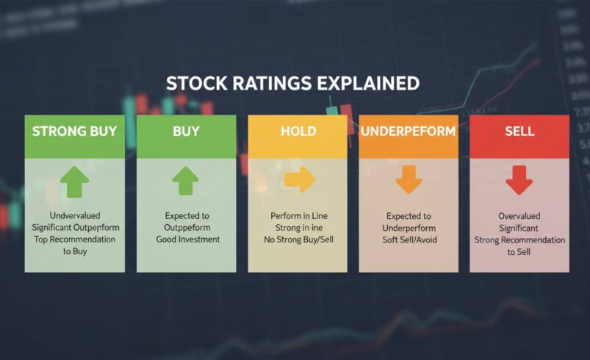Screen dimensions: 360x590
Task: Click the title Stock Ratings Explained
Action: pos(292,82)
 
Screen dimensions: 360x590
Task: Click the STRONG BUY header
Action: pos(74,132)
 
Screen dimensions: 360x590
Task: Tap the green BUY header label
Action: pos(186,132)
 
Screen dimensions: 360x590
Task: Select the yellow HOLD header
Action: pos(298,132)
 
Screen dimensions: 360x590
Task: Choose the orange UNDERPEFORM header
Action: pos(408,132)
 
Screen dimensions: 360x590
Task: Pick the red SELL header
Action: pos(519,132)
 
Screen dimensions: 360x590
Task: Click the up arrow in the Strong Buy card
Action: pos(74,181)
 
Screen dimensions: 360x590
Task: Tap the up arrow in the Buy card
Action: pos(186,180)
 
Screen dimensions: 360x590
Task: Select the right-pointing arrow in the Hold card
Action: pos(299,179)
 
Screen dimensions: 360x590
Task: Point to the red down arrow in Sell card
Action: pos(519,180)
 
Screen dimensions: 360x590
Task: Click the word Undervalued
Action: pos(74,215)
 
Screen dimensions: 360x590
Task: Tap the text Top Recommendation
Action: pos(74,240)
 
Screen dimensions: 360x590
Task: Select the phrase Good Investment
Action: pos(186,240)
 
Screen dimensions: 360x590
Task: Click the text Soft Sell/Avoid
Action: pos(409,240)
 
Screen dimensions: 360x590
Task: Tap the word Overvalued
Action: pos(519,217)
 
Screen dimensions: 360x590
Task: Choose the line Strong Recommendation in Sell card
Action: pos(519,240)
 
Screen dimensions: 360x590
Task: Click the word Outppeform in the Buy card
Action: pos(186,228)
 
